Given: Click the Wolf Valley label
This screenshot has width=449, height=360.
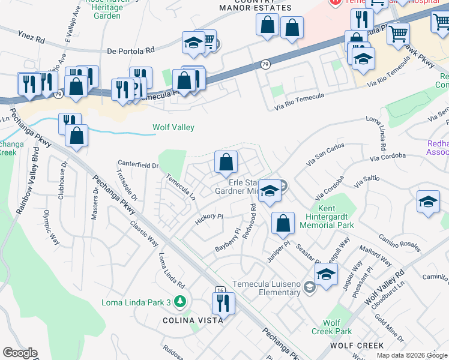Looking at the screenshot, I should [x=173, y=127].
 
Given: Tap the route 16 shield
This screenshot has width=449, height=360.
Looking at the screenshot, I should [x=220, y=289].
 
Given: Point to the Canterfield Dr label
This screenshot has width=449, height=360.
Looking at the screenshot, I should [x=139, y=163].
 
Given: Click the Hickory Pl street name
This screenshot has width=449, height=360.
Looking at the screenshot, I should [x=209, y=220].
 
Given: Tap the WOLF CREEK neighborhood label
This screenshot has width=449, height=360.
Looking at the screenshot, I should [x=357, y=346].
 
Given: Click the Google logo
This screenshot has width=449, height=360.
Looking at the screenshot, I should [x=20, y=353].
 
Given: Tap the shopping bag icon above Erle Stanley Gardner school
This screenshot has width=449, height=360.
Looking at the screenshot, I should [x=226, y=162].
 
